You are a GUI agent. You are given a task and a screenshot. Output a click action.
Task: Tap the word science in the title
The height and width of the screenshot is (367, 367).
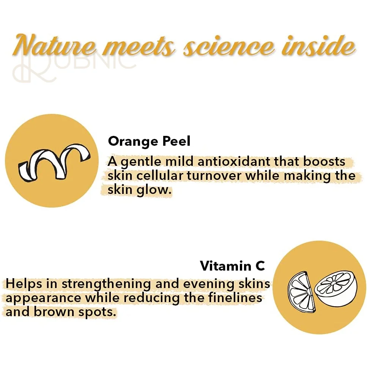tap(228, 46)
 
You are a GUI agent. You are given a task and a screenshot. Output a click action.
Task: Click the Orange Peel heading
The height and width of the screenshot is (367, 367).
tap(149, 141)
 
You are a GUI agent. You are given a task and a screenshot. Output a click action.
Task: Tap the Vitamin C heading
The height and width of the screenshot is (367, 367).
tap(232, 266)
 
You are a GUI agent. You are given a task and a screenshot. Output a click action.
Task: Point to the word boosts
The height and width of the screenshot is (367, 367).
tap(324, 161)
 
